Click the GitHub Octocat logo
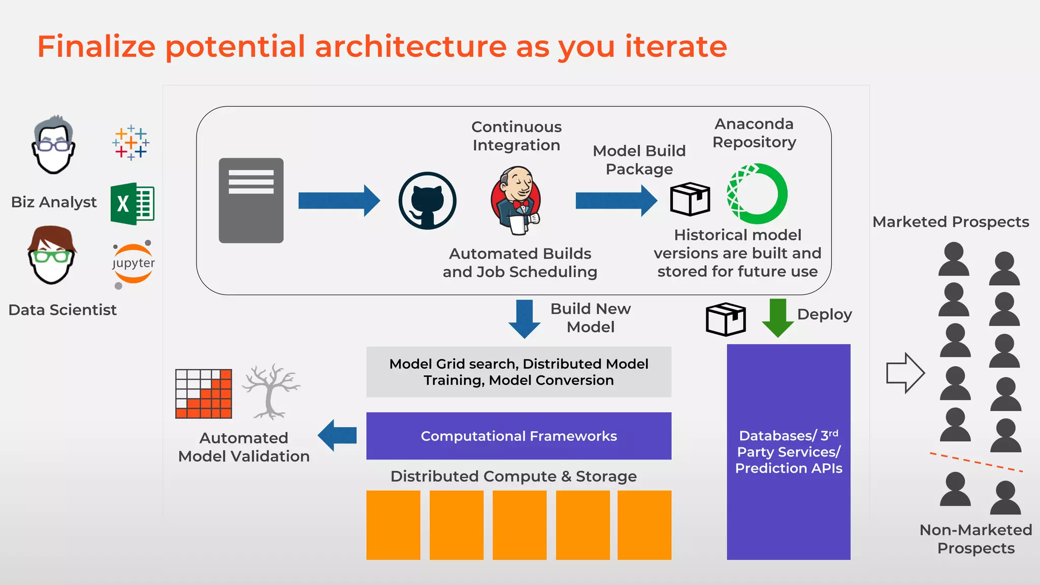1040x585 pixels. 427,201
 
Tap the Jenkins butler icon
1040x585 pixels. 516,201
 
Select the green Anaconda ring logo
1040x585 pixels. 757,193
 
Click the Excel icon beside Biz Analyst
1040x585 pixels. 133,204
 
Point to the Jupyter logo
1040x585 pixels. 133,264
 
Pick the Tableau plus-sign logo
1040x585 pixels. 131,143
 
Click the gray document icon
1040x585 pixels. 251,201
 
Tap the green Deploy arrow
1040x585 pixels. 777,318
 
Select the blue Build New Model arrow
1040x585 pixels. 524,318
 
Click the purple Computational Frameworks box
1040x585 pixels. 518,436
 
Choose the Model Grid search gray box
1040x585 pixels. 518,372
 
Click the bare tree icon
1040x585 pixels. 271,391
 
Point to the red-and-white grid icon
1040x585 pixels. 204,394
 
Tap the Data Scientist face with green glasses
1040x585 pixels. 51,255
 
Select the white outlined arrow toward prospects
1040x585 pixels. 905,373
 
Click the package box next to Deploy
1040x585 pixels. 726,319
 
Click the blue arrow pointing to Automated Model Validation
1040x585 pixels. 337,435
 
